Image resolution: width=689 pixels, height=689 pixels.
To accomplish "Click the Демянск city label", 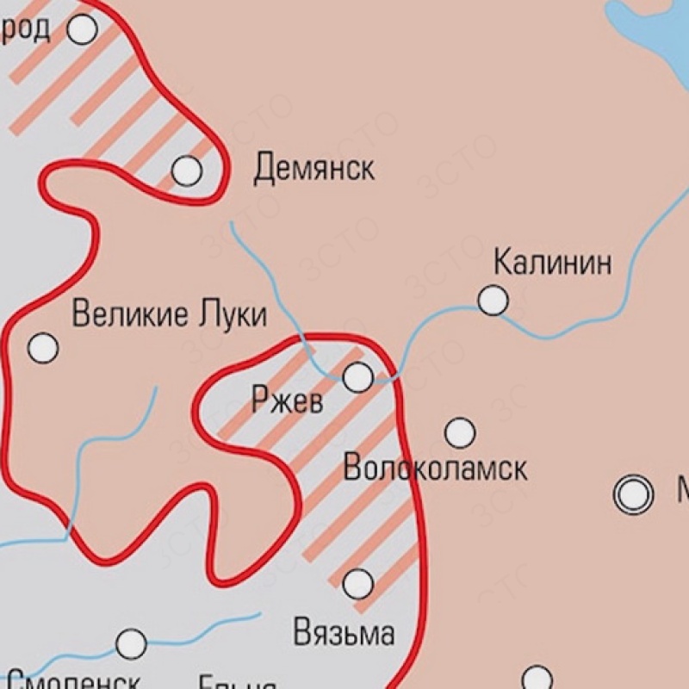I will point(313,170).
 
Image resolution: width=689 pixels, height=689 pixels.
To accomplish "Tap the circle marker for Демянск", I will point(186,171).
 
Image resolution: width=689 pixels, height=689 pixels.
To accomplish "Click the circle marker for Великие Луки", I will point(43,349).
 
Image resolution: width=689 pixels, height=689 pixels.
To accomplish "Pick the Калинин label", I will point(553,262).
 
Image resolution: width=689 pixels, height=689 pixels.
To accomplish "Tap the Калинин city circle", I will point(493,301).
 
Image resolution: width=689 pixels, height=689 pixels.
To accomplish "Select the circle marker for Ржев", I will point(358,376).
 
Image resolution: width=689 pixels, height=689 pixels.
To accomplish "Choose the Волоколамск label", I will point(435,469).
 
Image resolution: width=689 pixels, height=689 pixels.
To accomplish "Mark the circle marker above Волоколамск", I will point(460,432).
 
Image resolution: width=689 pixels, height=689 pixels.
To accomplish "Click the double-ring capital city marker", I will point(633,494).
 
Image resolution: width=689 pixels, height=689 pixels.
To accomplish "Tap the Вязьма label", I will point(344,633).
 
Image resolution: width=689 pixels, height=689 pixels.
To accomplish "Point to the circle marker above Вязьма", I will point(358,584).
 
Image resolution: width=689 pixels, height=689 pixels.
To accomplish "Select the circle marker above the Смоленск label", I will point(131,642).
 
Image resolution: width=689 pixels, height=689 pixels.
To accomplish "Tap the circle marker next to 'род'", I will point(82,30).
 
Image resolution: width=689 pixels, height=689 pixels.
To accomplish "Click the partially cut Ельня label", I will point(237,682).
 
